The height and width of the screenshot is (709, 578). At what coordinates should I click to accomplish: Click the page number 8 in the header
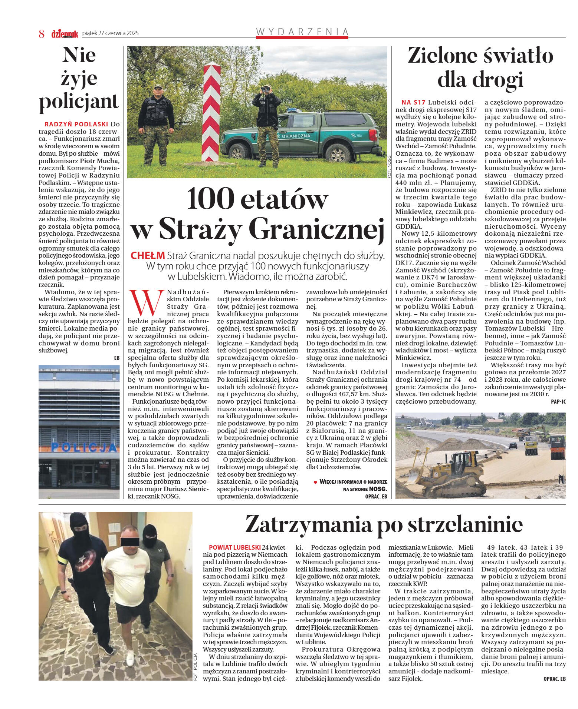(42, 34)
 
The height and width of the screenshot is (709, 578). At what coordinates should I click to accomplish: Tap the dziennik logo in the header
(65, 34)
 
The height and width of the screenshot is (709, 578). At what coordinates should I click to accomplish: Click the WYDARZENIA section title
(302, 32)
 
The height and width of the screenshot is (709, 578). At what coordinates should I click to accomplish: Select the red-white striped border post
(211, 113)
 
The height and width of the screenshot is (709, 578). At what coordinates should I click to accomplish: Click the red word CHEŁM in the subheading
(148, 255)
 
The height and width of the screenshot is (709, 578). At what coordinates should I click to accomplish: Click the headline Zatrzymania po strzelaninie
(384, 524)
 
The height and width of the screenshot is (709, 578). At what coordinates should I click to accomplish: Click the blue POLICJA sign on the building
(83, 447)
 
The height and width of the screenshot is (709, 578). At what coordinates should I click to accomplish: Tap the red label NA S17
(413, 102)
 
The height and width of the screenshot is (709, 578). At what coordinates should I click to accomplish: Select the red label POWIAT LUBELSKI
(234, 547)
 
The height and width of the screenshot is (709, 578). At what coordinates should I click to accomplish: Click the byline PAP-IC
(558, 401)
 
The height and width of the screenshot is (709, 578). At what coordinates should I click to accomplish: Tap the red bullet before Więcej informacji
(315, 482)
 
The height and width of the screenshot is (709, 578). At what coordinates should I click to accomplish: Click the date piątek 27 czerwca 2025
(110, 33)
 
